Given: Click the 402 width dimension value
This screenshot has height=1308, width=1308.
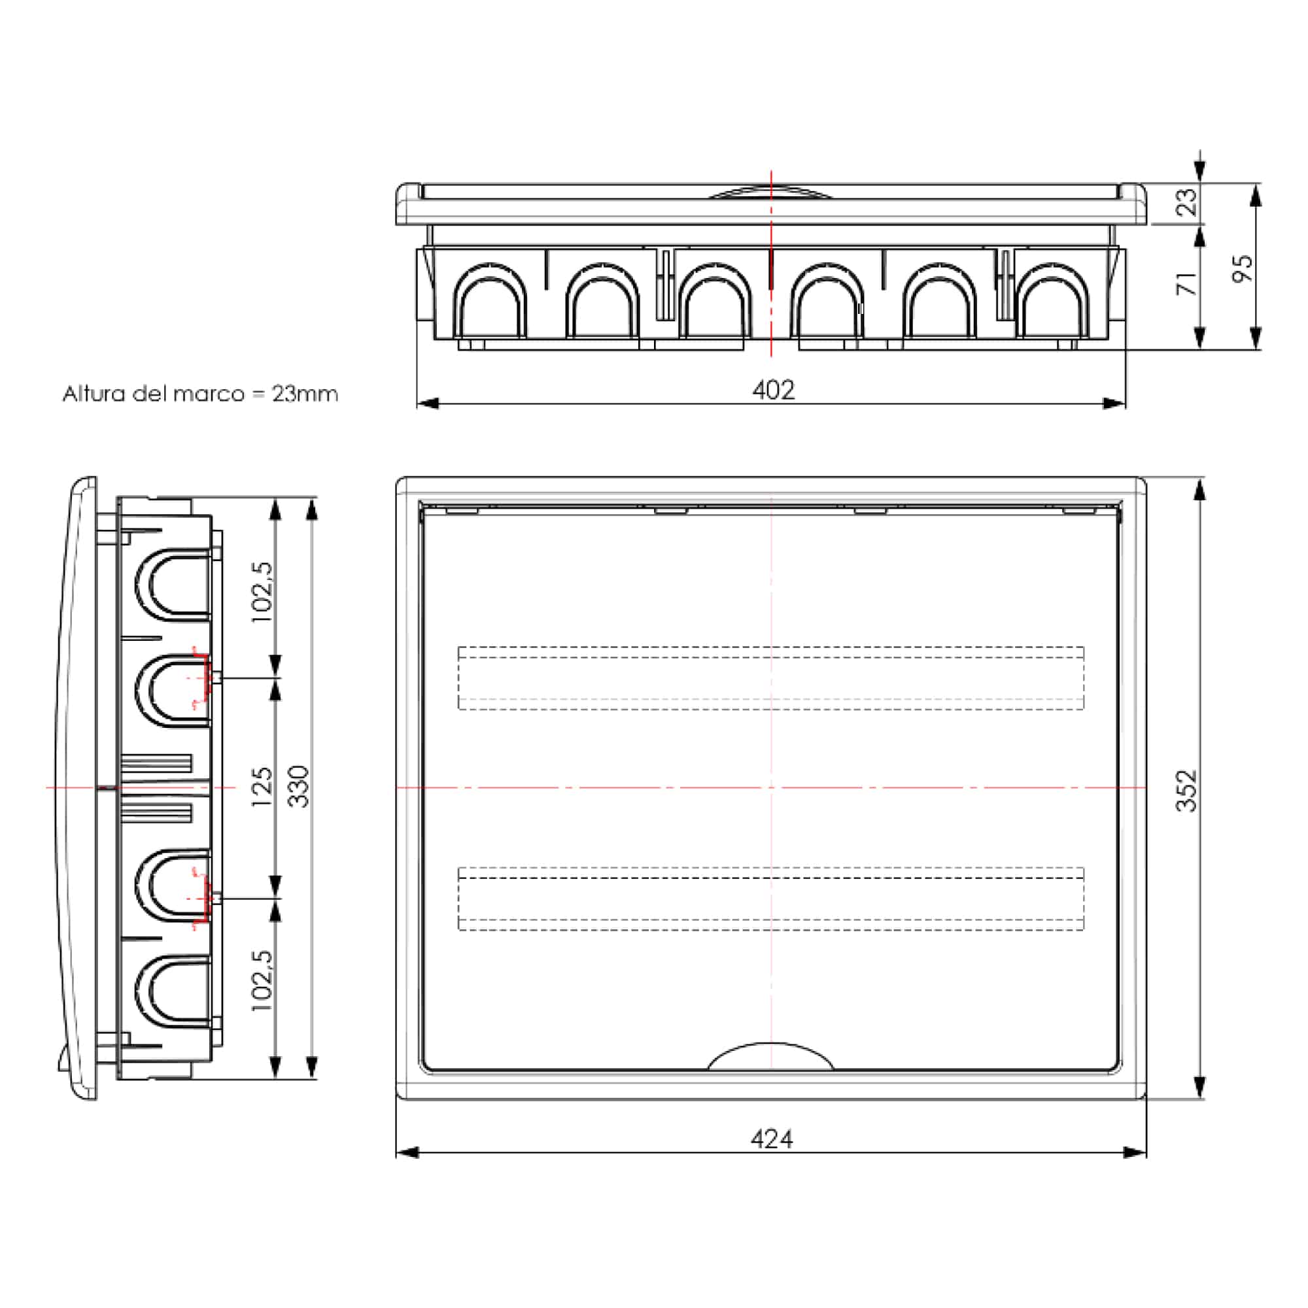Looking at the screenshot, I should point(773,390).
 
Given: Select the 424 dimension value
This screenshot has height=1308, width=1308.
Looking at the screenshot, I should point(771,1139).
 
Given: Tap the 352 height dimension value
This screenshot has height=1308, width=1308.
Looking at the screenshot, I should point(1186,790).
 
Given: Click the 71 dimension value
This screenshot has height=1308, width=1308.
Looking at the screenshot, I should point(1187,284).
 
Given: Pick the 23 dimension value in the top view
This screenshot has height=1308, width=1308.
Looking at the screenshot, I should point(1186,201).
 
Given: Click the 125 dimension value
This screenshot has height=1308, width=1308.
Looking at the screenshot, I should point(262,786).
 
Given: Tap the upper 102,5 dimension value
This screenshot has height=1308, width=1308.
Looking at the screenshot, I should point(262,593).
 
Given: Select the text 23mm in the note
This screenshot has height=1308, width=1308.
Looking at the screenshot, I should point(305,394).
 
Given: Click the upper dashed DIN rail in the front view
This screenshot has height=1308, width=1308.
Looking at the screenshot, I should point(770,678).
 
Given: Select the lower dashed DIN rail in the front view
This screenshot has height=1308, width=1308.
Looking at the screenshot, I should point(770,899).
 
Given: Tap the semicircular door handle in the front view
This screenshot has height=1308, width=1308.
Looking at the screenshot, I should point(770,1058).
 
